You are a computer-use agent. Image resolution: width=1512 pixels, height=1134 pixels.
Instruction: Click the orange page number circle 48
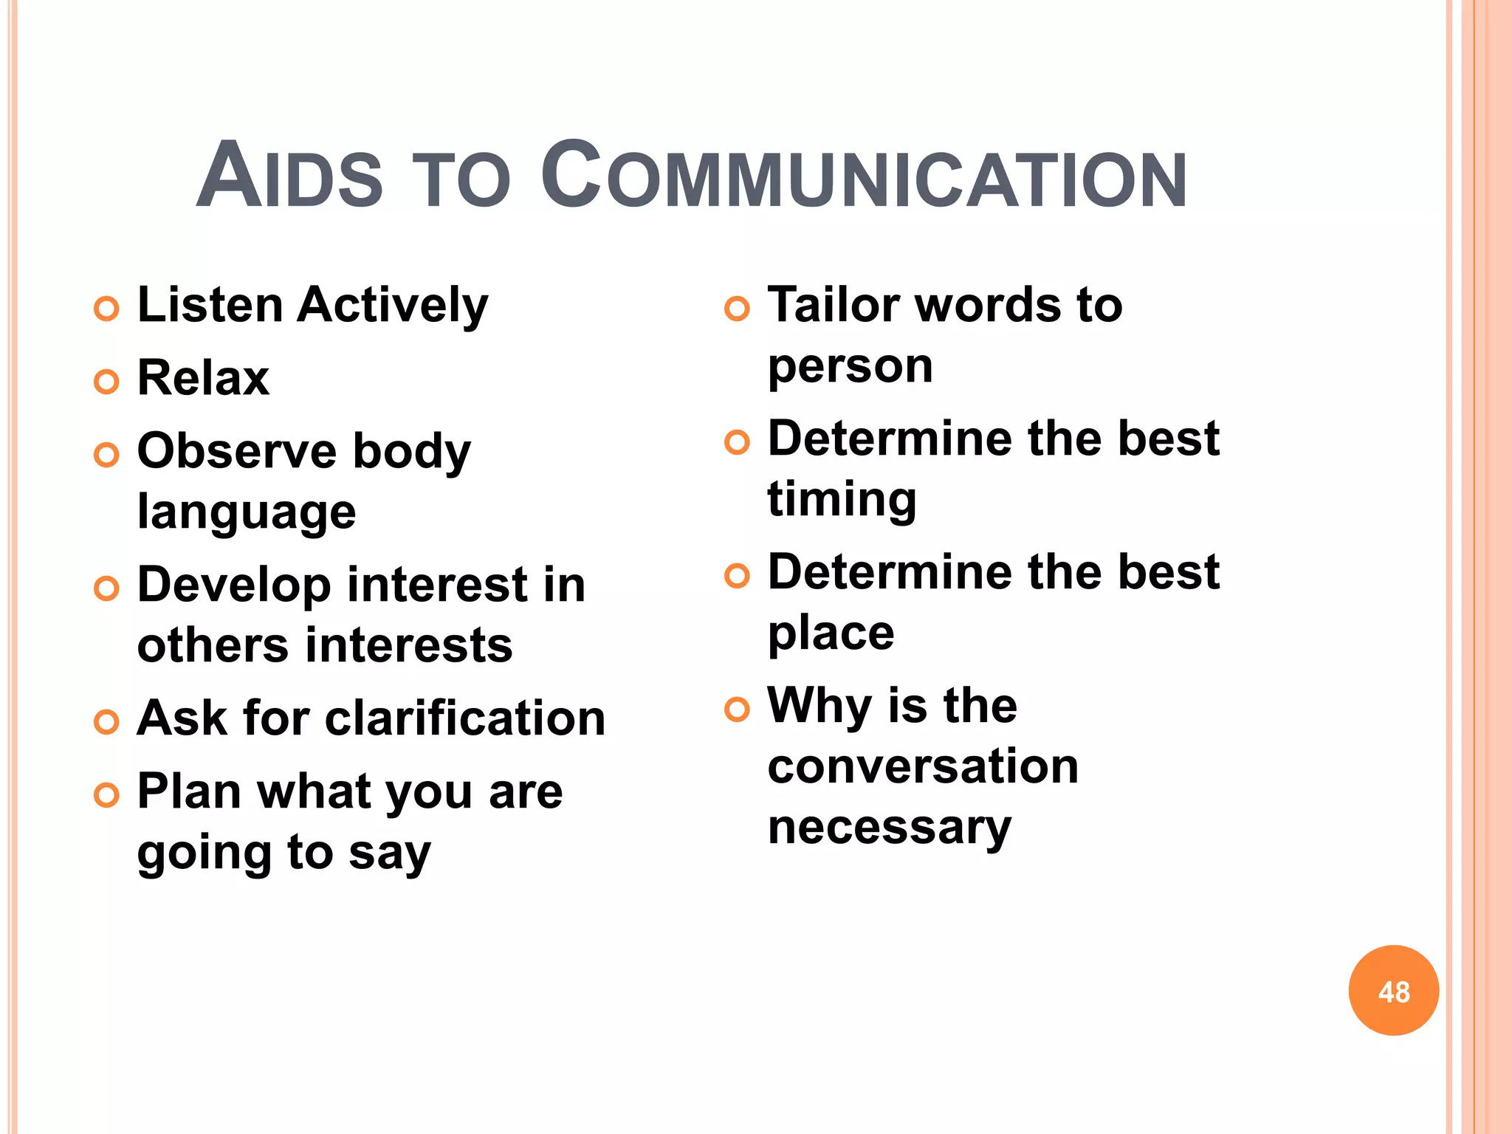click(1393, 990)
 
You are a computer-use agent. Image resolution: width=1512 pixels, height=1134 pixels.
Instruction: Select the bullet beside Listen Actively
click(106, 309)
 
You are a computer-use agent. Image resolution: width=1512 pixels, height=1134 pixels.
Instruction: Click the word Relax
click(203, 378)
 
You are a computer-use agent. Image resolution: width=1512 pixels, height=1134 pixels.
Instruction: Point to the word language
click(247, 512)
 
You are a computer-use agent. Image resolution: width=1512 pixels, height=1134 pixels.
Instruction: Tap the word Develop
click(234, 585)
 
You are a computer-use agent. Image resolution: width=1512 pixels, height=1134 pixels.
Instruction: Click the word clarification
click(465, 718)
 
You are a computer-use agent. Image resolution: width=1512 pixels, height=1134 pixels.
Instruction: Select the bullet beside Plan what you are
click(106, 795)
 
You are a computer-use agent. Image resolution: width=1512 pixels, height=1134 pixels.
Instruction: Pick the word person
click(850, 366)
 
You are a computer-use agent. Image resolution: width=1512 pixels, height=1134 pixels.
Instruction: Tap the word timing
click(842, 500)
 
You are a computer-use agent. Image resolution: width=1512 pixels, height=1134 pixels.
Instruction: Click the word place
click(831, 633)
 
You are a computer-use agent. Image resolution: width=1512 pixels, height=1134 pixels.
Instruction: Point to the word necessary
click(889, 827)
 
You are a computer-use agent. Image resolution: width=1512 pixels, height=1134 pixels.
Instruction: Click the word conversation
click(923, 766)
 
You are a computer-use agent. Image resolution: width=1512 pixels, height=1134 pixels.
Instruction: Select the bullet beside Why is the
click(737, 709)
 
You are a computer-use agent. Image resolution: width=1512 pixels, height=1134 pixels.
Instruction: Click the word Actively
click(392, 306)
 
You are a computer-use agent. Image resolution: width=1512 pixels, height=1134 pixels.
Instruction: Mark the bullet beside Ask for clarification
click(106, 722)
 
